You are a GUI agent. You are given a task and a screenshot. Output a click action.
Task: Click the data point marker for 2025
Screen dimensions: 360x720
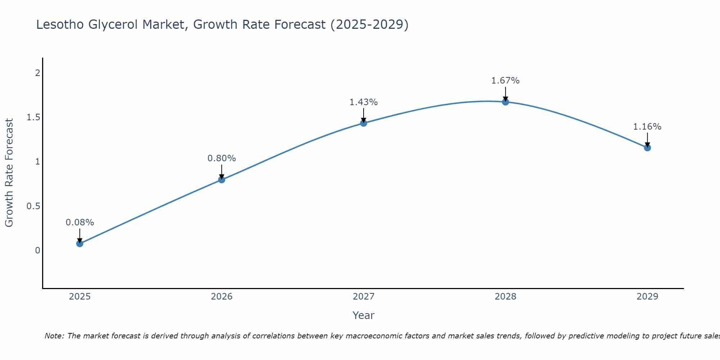[x=80, y=243]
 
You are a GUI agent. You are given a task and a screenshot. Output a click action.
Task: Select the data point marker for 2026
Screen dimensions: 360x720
[x=222, y=179]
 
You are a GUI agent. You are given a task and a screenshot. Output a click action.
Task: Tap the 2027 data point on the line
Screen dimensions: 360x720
[x=364, y=123]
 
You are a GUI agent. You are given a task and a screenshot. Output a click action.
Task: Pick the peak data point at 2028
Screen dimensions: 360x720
[x=505, y=102]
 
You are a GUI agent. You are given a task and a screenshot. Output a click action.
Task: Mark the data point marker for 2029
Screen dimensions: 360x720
[x=647, y=148]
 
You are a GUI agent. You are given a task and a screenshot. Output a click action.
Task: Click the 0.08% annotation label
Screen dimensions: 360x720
[x=80, y=222]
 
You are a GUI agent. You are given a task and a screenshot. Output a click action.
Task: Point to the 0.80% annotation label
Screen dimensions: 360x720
[x=222, y=158]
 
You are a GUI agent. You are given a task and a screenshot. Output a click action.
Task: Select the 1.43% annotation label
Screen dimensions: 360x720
[x=364, y=102]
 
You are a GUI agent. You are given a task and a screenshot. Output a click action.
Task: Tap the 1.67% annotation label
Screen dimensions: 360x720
[x=505, y=81]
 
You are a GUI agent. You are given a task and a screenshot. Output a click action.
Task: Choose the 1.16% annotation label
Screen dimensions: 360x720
[x=647, y=127]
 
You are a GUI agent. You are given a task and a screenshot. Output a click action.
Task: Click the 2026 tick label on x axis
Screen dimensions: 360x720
[x=222, y=297]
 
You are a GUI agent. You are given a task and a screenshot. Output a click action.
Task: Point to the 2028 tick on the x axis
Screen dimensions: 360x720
[x=505, y=297]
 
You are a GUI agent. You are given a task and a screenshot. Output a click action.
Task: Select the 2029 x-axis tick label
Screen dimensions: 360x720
[x=647, y=297]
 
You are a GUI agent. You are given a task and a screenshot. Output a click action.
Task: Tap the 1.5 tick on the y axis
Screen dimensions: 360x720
[x=33, y=117]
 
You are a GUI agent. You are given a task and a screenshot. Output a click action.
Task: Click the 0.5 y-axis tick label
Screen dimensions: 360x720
[x=33, y=206]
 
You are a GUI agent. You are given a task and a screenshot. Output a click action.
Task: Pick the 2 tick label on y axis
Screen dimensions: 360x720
[x=37, y=73]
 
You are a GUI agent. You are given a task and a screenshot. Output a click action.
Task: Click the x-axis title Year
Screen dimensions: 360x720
[x=364, y=315]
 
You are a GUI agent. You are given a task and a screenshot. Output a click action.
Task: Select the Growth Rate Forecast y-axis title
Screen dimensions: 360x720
[x=9, y=173]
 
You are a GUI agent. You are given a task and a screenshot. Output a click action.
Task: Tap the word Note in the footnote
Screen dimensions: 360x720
[x=54, y=336]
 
